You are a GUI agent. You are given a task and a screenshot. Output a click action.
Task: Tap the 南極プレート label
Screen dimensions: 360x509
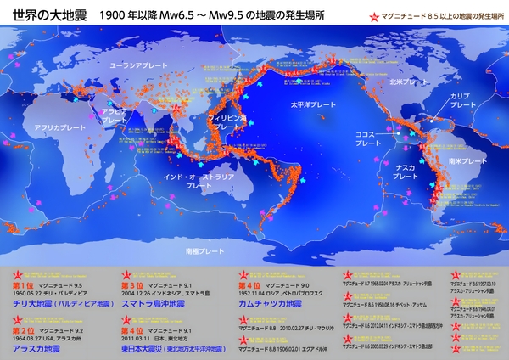point(204,252)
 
